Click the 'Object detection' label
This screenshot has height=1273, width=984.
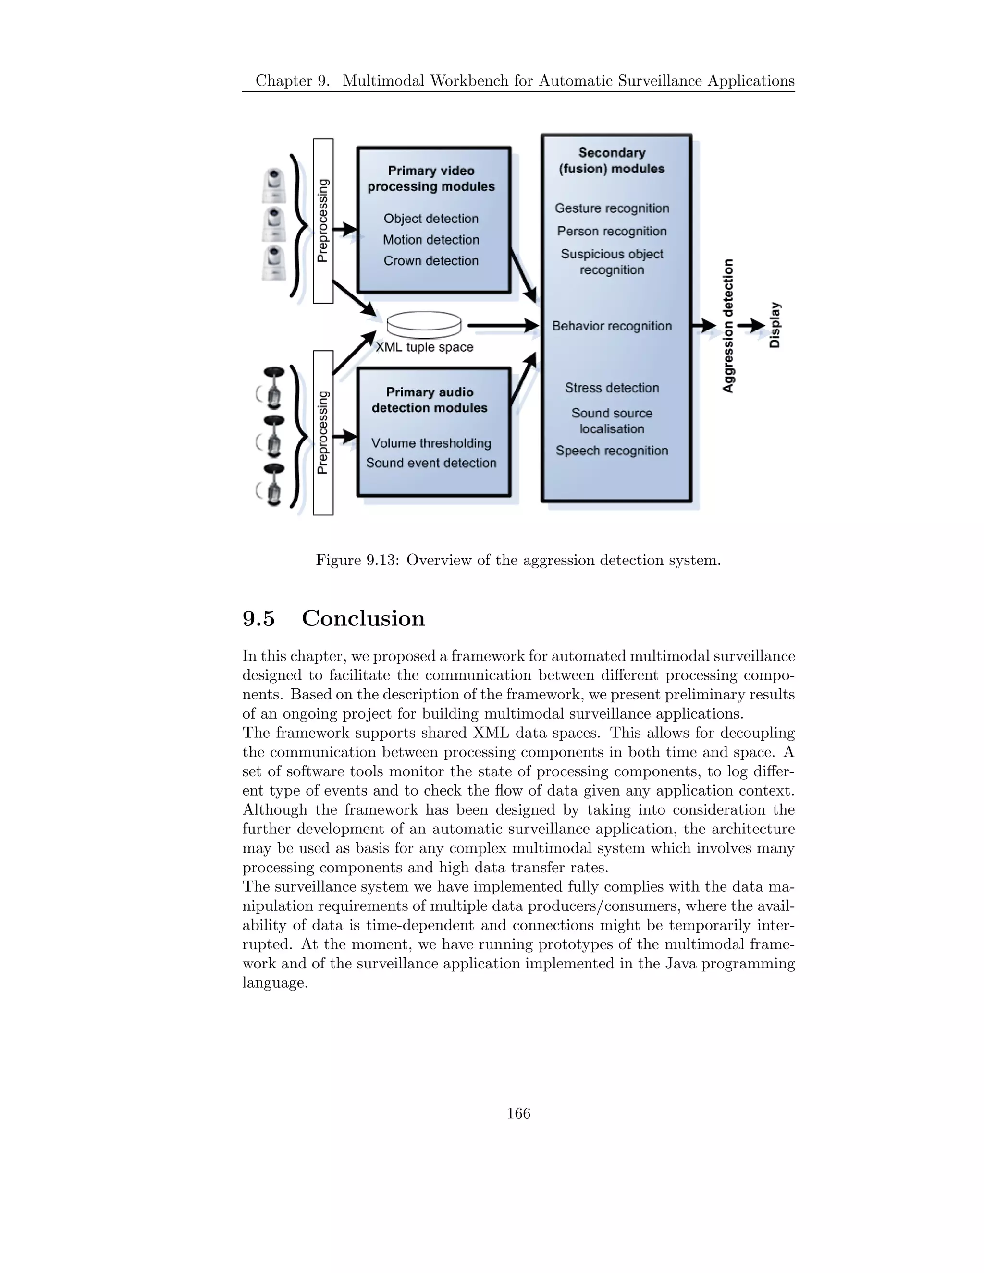click(x=431, y=219)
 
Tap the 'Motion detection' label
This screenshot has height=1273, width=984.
click(x=431, y=240)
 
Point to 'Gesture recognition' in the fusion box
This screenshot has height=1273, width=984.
click(x=612, y=208)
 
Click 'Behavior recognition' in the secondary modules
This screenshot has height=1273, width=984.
click(x=612, y=326)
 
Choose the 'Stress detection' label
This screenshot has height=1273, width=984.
click(x=612, y=388)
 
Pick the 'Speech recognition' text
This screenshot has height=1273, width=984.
click(x=612, y=451)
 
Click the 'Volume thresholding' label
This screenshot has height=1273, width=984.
click(x=431, y=443)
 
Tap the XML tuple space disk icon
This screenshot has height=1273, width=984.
click(x=424, y=324)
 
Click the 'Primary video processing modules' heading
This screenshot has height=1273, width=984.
click(x=431, y=178)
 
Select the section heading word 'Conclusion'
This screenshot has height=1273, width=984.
click(x=363, y=618)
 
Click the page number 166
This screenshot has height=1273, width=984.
click(x=518, y=1114)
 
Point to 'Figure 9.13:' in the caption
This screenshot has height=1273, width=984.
click(x=357, y=560)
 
